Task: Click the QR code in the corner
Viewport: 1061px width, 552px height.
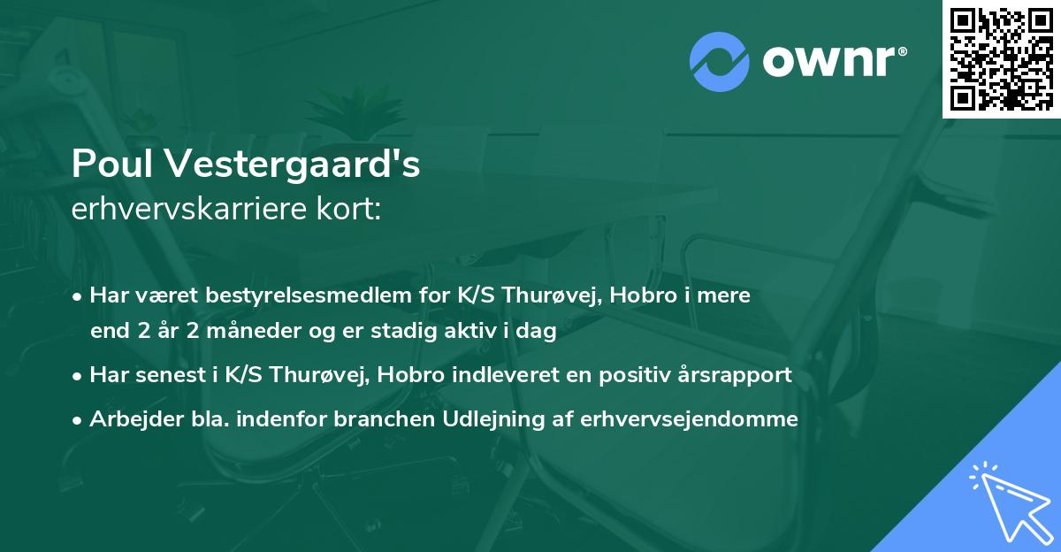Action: click(1001, 58)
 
